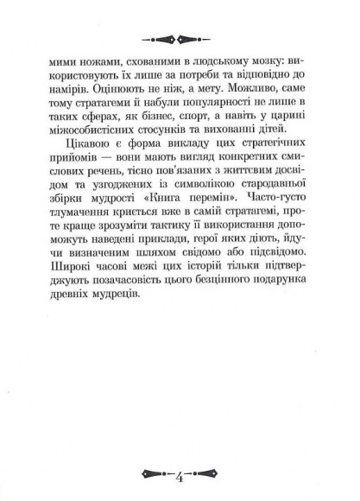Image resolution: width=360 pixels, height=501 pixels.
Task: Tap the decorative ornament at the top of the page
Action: tap(180, 37)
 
